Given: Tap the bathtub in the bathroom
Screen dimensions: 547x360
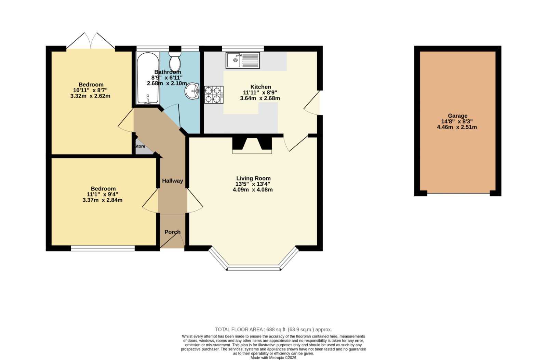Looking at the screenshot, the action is pyautogui.click(x=148, y=78).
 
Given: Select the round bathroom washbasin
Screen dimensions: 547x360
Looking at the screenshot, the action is pyautogui.click(x=192, y=91).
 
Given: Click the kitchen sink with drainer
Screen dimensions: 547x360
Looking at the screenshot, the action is pyautogui.click(x=243, y=60).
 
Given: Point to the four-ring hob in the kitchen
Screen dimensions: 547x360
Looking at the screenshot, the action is pyautogui.click(x=214, y=95).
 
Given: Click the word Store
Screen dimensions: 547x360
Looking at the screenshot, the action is pyautogui.click(x=140, y=146).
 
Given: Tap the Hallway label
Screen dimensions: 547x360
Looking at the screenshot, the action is pyautogui.click(x=172, y=181).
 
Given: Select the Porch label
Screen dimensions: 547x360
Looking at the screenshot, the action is pyautogui.click(x=172, y=232).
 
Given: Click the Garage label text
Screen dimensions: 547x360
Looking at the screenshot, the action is pyautogui.click(x=457, y=116).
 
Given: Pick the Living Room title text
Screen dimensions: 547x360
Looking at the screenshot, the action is pyautogui.click(x=253, y=178).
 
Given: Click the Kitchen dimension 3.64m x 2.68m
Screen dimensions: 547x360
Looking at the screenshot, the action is pyautogui.click(x=260, y=98).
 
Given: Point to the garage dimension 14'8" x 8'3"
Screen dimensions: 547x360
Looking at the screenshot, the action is pyautogui.click(x=457, y=121).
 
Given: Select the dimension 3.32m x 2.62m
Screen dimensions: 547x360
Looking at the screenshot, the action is pyautogui.click(x=90, y=96).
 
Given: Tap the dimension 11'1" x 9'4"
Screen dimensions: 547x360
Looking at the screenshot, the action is pyautogui.click(x=103, y=195).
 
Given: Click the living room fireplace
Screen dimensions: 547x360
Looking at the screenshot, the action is pyautogui.click(x=252, y=145).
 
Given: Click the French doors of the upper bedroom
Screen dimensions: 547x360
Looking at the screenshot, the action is pyautogui.click(x=91, y=41).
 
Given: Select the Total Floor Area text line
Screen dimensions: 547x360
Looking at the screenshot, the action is pyautogui.click(x=273, y=330).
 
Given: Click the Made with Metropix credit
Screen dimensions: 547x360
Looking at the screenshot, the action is pyautogui.click(x=273, y=358).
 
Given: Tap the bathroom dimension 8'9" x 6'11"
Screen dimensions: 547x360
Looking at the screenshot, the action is pyautogui.click(x=167, y=78).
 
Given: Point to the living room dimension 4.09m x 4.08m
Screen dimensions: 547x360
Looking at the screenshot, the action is pyautogui.click(x=253, y=190).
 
